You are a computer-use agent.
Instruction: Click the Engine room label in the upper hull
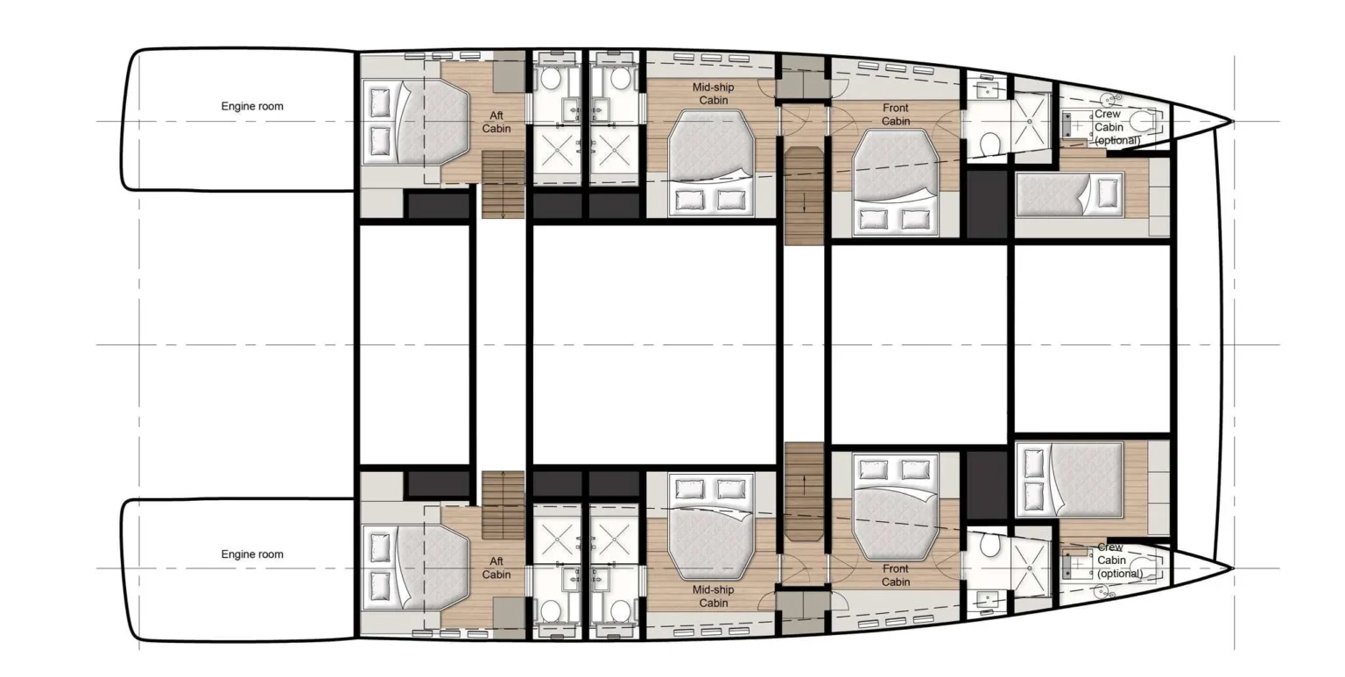251,106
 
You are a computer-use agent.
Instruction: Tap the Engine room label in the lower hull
251,554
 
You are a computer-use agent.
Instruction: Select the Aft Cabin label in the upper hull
496,122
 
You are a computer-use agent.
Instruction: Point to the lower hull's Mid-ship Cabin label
714,596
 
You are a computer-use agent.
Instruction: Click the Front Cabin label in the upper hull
895,115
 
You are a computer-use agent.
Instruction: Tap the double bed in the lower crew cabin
1069,480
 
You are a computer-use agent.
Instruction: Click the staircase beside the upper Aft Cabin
503,183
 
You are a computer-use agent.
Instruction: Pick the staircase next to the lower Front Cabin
804,490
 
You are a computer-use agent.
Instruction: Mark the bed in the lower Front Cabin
894,507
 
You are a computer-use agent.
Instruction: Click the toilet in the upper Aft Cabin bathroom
550,79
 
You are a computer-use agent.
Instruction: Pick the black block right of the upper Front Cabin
987,204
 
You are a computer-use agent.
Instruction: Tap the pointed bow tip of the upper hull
1230,122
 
